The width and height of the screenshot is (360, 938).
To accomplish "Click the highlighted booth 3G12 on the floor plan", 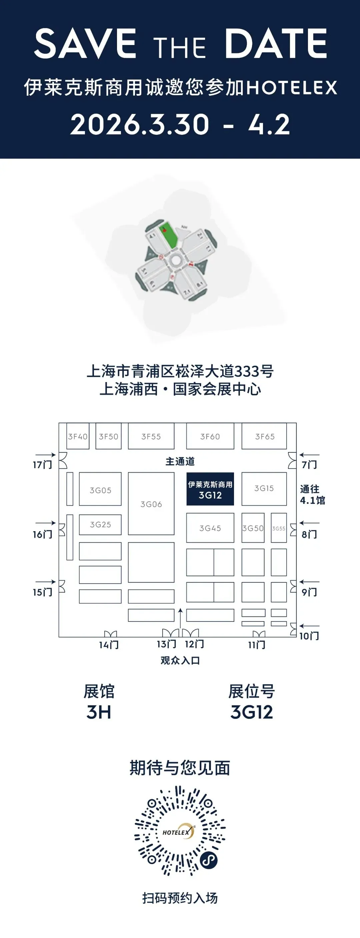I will coord(210,489).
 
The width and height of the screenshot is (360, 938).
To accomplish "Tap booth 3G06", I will coord(151,504).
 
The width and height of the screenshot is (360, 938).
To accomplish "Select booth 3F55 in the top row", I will coord(151,436).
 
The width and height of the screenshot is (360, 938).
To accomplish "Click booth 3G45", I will coord(210,528).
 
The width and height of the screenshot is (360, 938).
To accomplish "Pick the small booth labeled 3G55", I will coord(279,528).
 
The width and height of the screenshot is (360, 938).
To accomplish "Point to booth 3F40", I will coord(78,436).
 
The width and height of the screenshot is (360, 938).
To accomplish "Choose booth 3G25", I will coord(100,524).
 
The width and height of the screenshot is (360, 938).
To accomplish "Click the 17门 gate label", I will coord(42,464).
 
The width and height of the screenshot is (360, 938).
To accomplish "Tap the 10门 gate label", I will coord(309,636).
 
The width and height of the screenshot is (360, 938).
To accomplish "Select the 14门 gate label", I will coord(109,645).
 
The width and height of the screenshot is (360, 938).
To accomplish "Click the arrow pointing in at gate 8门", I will coord(309,523).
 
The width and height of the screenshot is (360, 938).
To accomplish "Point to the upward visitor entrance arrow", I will coord(180,617).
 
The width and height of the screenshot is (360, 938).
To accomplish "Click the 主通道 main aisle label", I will coord(180,461).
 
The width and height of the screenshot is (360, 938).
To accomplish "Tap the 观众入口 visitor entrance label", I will coord(180,660).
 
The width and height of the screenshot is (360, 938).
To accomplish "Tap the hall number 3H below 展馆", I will coord(99,712).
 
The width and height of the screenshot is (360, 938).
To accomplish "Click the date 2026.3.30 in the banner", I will coord(140,124).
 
